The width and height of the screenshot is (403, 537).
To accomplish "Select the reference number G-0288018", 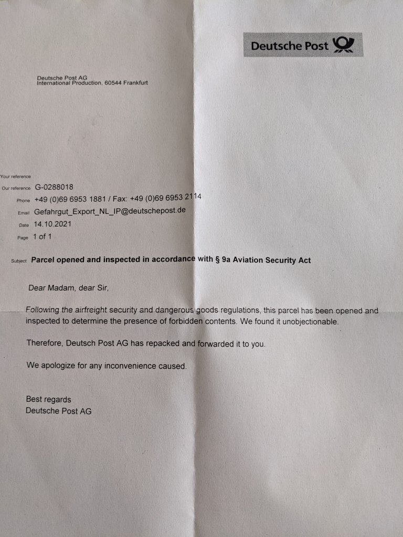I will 54,187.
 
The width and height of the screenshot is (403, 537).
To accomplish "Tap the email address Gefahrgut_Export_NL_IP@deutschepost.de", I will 109,211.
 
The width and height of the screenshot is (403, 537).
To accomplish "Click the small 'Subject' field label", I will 19,261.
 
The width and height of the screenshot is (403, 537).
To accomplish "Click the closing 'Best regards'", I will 48,399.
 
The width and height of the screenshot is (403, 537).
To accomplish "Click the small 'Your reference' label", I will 16,177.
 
